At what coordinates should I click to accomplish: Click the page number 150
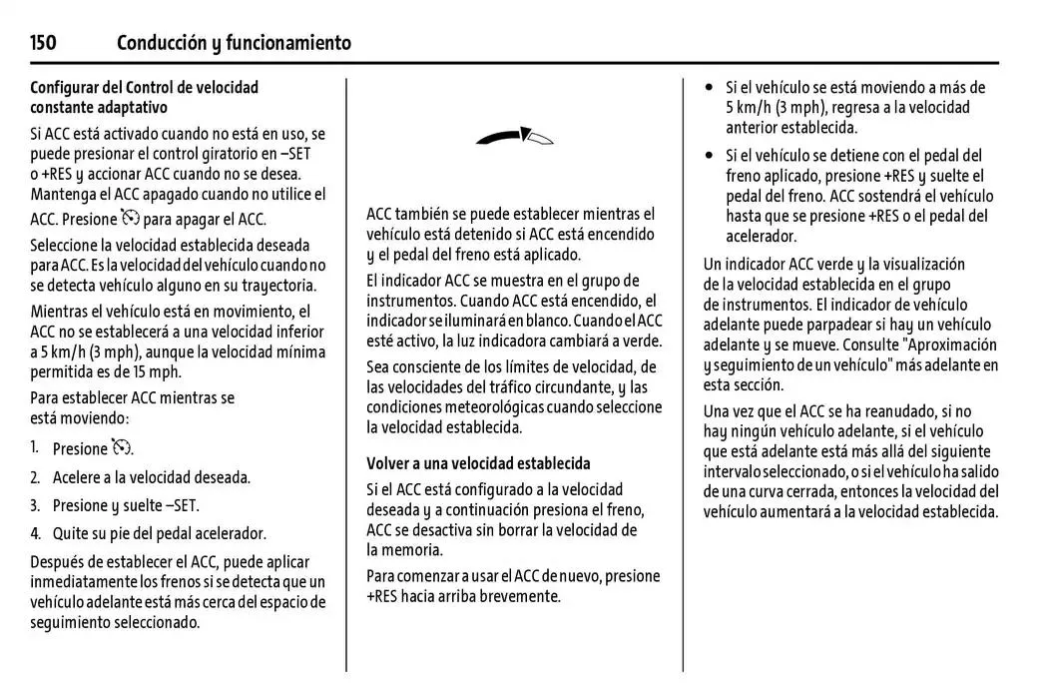43,42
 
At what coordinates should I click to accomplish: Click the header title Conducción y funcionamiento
234,42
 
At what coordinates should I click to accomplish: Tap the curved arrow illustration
514,137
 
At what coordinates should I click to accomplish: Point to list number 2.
35,477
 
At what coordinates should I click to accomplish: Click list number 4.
35,533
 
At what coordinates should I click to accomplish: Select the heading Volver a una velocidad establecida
478,463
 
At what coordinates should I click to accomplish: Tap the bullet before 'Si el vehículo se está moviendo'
710,88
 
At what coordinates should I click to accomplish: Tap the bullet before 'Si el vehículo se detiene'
710,156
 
